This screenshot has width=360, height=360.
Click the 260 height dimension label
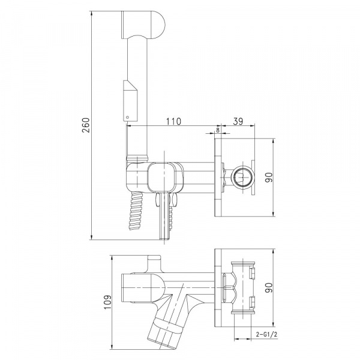click(x=86, y=125)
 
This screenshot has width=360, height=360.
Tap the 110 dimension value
click(x=173, y=121)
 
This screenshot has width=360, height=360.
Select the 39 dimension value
click(x=238, y=121)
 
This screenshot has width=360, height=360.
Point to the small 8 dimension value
click(x=218, y=130)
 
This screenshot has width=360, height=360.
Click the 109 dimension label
click(x=108, y=302)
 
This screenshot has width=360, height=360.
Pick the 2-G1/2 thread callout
click(x=266, y=335)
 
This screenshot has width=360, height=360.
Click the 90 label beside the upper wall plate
click(x=269, y=177)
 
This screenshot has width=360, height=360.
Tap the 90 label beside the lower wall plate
click(x=269, y=287)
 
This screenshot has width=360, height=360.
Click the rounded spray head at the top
click(x=143, y=25)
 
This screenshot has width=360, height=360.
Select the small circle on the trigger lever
click(x=127, y=118)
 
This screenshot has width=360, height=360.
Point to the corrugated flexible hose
click(x=136, y=211)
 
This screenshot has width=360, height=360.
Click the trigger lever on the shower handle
click(x=130, y=101)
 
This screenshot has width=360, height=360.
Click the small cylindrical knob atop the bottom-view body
click(x=154, y=263)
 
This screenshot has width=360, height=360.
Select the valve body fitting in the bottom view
click(x=243, y=287)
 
